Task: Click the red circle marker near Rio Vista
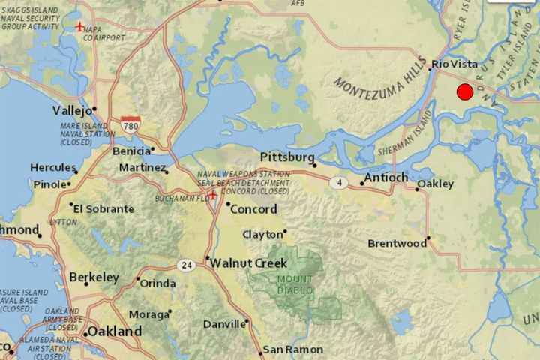coord(464,92)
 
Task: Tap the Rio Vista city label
coord(455,64)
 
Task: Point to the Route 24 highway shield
coord(187,265)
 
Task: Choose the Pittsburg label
coord(286,157)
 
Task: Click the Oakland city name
coord(114,331)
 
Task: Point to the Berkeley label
coord(94,277)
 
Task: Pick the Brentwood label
coord(397,244)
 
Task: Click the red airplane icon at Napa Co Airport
coord(80,27)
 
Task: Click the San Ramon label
coord(293,349)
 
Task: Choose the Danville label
coord(223,325)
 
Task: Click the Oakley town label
coord(435,184)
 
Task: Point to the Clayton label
coord(262,235)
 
